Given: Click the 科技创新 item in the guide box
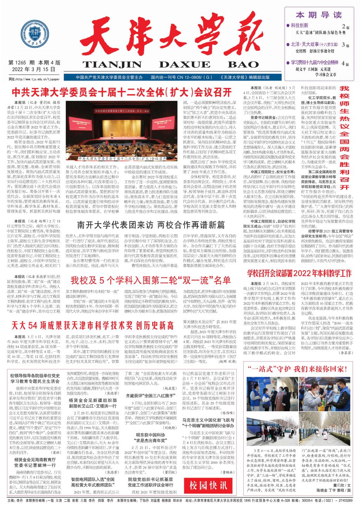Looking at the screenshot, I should [300, 25].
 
